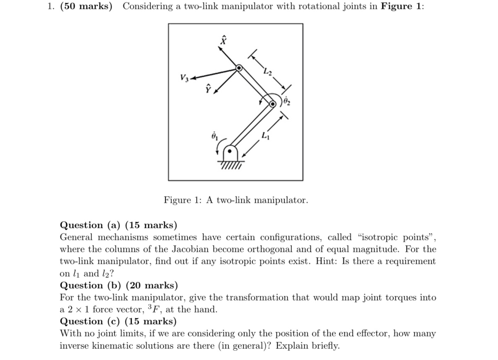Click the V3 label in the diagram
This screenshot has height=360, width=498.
[185, 78]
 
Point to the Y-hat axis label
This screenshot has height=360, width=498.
[208, 88]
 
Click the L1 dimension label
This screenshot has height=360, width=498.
[265, 136]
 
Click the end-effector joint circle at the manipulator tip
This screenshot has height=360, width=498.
[239, 68]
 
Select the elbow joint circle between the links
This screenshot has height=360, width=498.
[273, 104]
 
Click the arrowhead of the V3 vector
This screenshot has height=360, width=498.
[193, 78]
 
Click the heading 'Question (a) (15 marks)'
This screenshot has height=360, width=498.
[119, 225]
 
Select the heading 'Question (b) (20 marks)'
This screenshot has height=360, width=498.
[119, 285]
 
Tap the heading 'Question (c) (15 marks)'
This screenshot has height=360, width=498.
[118, 321]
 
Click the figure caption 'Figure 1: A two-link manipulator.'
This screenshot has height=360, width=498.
[235, 200]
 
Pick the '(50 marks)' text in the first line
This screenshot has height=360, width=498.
[86, 7]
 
